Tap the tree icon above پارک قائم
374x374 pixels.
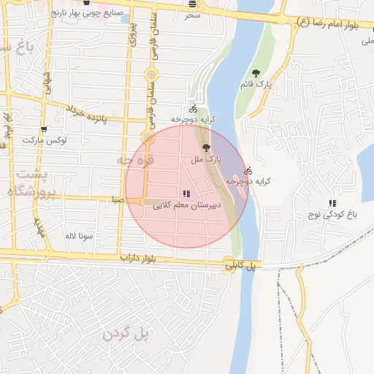pyautogui.click(x=256, y=73)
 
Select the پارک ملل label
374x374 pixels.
pyautogui.click(x=206, y=159)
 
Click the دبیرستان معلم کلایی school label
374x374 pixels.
pyautogui.click(x=188, y=206)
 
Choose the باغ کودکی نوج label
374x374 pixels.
pyautogui.click(x=332, y=215)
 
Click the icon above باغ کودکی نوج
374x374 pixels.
pyautogui.click(x=332, y=203)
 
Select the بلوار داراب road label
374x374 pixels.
pyautogui.click(x=140, y=258)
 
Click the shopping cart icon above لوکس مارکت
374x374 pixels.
pyautogui.click(x=45, y=128)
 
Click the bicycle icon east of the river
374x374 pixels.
pyautogui.click(x=248, y=170)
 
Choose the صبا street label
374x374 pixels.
pyautogui.click(x=118, y=199)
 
